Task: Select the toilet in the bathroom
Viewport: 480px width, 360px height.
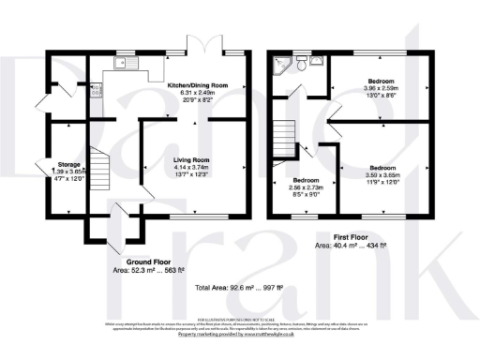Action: (x=301, y=65)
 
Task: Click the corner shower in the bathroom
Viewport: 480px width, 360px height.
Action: (x=278, y=64)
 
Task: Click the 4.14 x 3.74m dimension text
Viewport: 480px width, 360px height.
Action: (x=190, y=169)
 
